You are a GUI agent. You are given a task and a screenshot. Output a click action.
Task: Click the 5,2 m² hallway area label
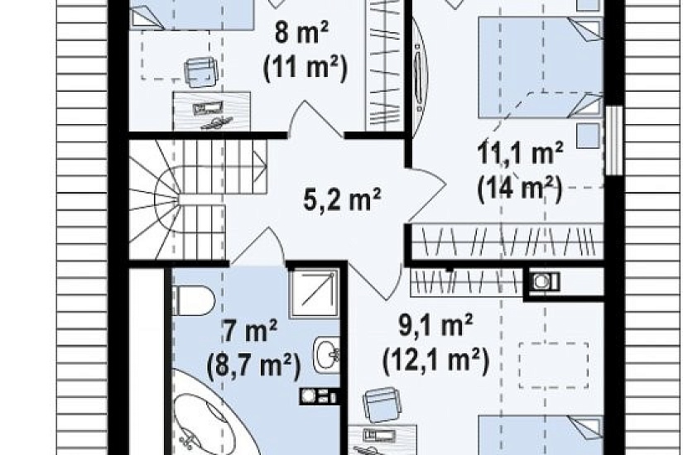point(342,199)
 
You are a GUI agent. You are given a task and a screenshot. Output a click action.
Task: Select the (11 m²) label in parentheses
point(305,69)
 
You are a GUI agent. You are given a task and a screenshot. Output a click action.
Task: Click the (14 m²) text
point(519,189)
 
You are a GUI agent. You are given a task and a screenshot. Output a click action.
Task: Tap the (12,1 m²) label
point(436,361)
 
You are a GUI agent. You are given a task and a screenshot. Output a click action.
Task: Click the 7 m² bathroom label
point(250,329)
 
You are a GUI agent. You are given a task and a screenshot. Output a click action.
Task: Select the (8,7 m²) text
point(254,366)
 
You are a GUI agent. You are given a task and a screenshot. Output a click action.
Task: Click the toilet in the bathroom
point(194,300)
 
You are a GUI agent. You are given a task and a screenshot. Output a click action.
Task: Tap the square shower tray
point(314,291)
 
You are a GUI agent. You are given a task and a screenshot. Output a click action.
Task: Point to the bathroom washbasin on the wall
point(326,354)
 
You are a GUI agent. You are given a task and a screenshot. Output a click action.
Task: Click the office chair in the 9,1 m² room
point(381,405)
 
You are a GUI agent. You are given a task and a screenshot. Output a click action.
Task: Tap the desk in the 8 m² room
point(212,111)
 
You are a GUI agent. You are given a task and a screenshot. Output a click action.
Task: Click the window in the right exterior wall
point(615,140)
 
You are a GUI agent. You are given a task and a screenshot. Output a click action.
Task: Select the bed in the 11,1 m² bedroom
point(541,67)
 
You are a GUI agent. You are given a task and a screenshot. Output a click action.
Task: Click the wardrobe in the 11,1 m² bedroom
point(507,242)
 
